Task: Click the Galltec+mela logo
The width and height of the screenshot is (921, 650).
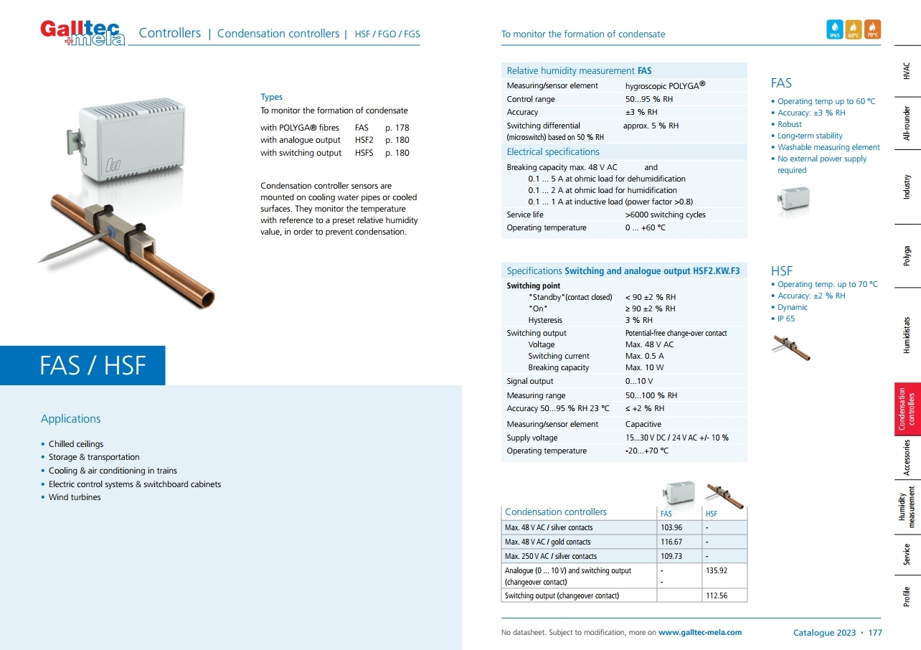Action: (x=82, y=32)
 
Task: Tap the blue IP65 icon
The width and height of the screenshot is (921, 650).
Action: (x=835, y=29)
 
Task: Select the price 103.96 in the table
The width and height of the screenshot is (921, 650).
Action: (x=671, y=527)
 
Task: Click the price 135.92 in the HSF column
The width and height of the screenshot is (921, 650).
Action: (x=717, y=570)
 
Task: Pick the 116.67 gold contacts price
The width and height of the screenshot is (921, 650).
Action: (x=671, y=542)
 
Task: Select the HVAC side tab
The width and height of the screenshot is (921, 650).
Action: (x=907, y=70)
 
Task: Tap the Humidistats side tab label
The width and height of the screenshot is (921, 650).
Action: (x=907, y=335)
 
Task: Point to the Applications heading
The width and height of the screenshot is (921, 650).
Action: (x=71, y=419)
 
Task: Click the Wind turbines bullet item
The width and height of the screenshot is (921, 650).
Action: (x=75, y=497)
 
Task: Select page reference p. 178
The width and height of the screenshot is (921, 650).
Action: (x=397, y=127)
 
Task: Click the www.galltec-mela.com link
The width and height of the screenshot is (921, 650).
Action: (x=700, y=632)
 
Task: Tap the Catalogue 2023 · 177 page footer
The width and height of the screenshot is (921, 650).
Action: (x=837, y=632)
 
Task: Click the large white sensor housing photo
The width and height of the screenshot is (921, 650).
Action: (x=133, y=136)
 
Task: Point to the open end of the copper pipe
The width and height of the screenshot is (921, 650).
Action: (x=206, y=297)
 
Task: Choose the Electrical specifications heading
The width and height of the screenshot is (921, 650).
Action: (x=553, y=151)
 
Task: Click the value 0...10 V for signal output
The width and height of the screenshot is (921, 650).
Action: (x=639, y=381)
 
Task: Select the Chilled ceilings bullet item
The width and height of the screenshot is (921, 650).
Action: (x=76, y=444)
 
